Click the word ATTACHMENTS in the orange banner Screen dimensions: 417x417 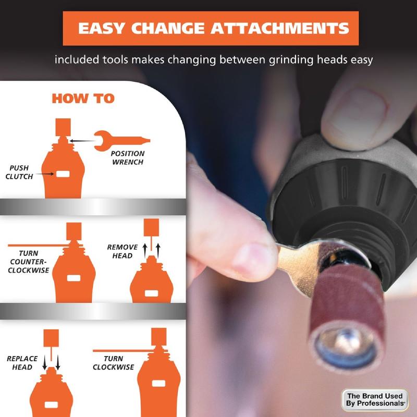(x=279, y=28)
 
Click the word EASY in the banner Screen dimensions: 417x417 (x=101, y=28)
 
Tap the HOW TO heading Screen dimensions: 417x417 (x=83, y=99)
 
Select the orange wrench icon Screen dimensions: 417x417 (x=122, y=140)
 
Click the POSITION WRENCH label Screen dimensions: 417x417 (x=128, y=158)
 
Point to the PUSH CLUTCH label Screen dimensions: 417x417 (x=19, y=172)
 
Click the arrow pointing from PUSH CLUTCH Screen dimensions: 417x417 (x=45, y=174)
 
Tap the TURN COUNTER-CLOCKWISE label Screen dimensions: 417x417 (x=29, y=262)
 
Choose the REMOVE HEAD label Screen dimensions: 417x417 (x=122, y=251)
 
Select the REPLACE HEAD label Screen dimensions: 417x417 (x=22, y=363)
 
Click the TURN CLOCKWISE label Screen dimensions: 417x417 (x=113, y=363)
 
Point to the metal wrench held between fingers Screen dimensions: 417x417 (x=301, y=263)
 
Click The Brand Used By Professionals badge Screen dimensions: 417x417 (x=375, y=400)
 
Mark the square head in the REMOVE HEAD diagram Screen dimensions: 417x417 (x=151, y=227)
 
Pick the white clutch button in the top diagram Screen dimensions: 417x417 (x=63, y=174)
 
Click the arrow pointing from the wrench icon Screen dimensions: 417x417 (x=82, y=141)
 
